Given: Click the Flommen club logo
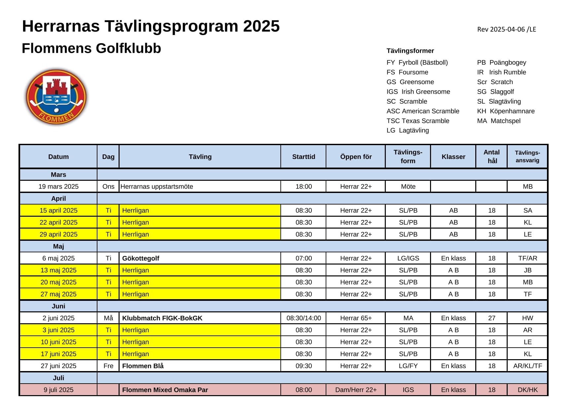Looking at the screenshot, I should pyautogui.click(x=56, y=97).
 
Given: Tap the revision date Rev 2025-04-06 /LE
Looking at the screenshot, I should pyautogui.click(x=506, y=29).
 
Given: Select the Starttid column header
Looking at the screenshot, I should pyautogui.click(x=303, y=157).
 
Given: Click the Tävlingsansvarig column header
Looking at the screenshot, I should pyautogui.click(x=527, y=157).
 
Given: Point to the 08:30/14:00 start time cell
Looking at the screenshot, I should pyautogui.click(x=303, y=318).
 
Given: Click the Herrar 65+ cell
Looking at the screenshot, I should pyautogui.click(x=356, y=318).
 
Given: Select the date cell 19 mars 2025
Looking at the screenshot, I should pyautogui.click(x=58, y=186).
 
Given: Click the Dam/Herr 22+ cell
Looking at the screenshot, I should pyautogui.click(x=356, y=390).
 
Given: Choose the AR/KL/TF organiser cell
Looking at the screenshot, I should pyautogui.click(x=527, y=366).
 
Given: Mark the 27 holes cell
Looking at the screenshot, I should pyautogui.click(x=491, y=318).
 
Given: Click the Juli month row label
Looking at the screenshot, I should pyautogui.click(x=58, y=378).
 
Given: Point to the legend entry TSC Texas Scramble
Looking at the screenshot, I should pyautogui.click(x=418, y=121).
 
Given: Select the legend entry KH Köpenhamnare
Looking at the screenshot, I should pyautogui.click(x=505, y=111).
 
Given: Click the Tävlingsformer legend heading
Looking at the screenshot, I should pyautogui.click(x=410, y=51).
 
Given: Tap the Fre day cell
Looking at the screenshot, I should pyautogui.click(x=108, y=366).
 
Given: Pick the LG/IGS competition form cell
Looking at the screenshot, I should pyautogui.click(x=408, y=258).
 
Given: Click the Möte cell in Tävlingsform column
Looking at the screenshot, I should pyautogui.click(x=408, y=186).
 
